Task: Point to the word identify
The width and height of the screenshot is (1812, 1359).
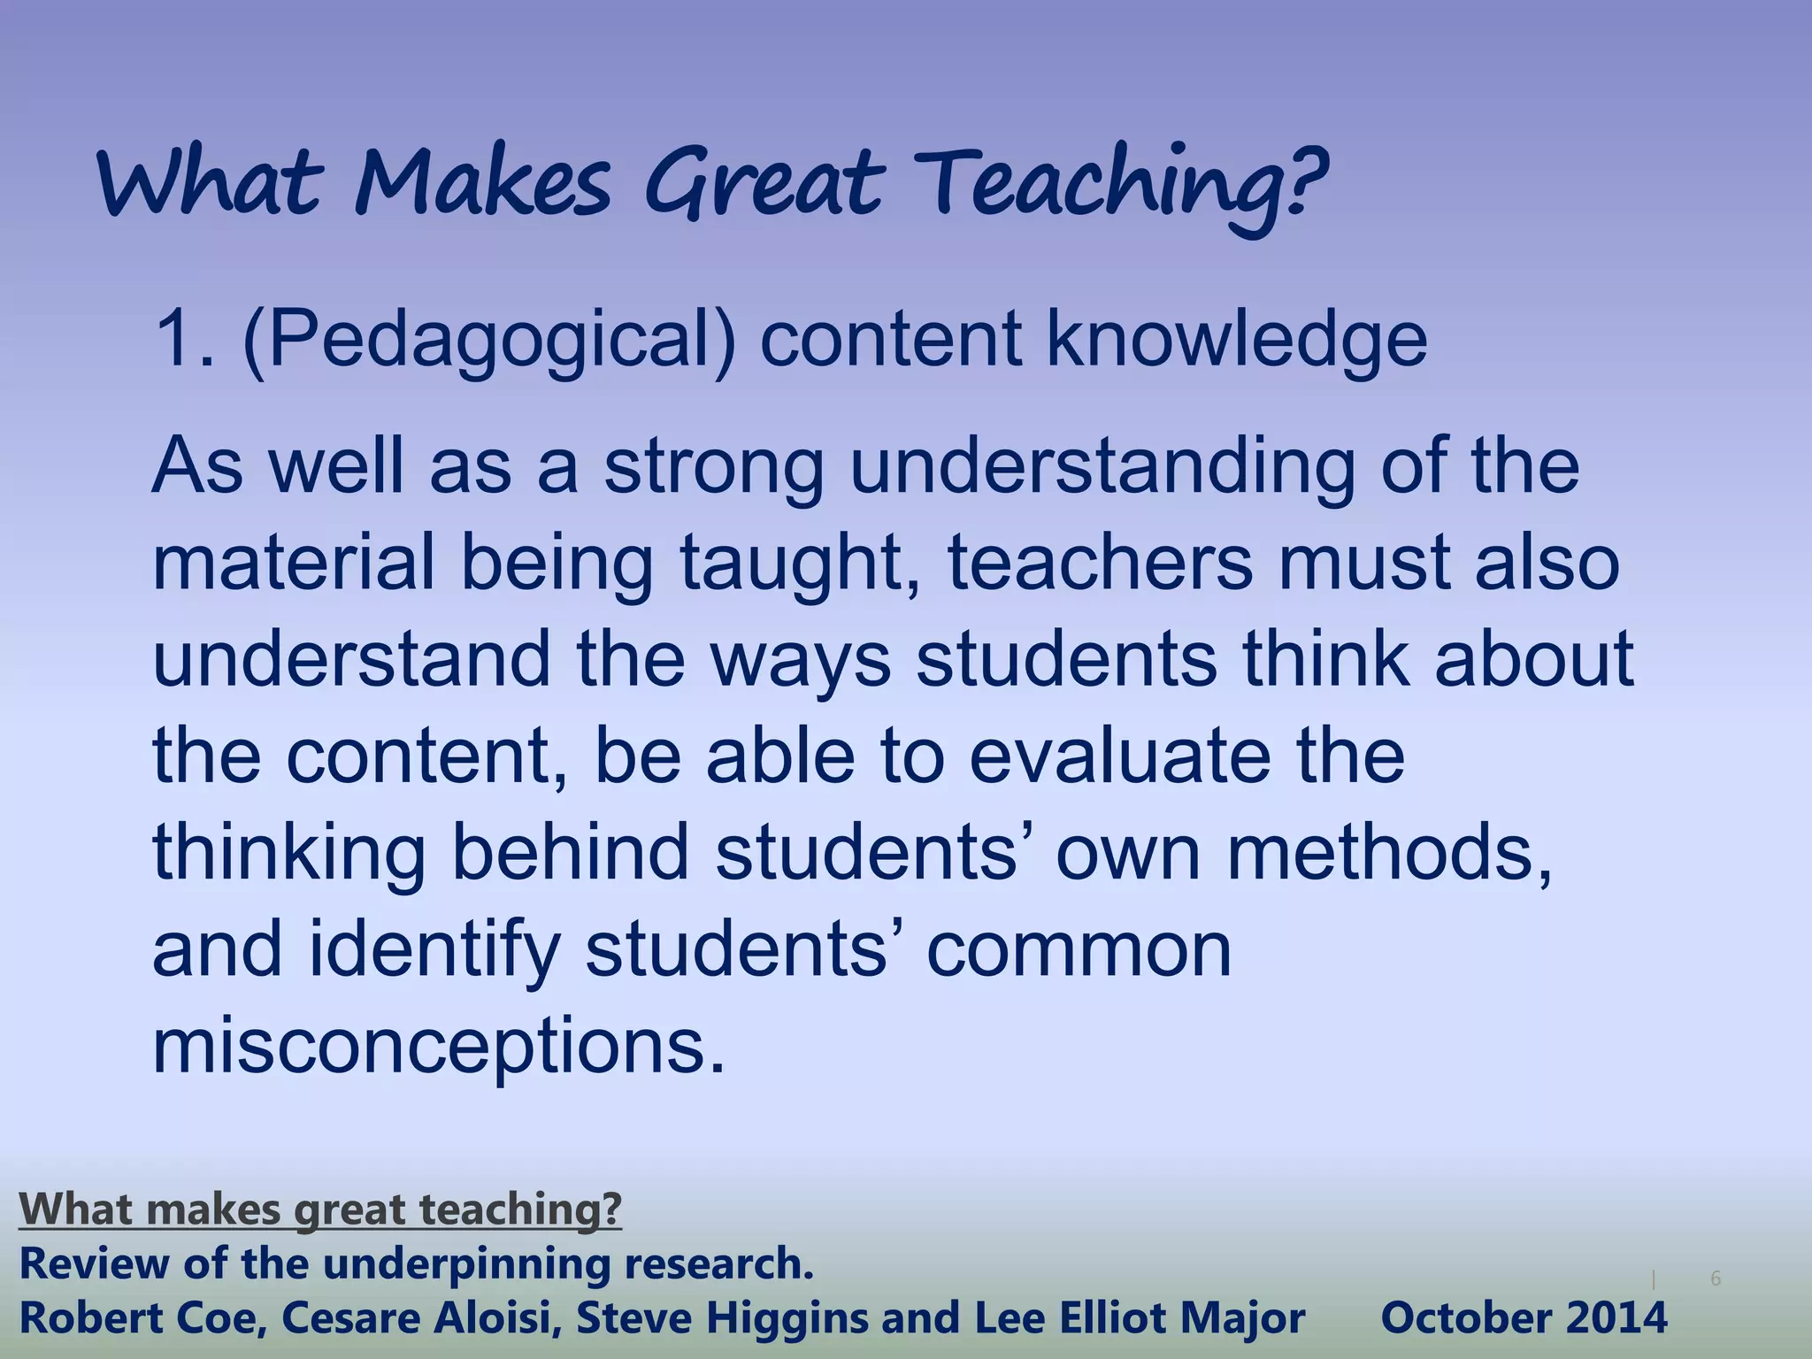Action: pos(434,950)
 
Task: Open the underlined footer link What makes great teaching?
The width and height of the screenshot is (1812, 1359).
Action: pos(320,1209)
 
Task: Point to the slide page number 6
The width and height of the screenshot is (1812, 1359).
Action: pos(1716,1278)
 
